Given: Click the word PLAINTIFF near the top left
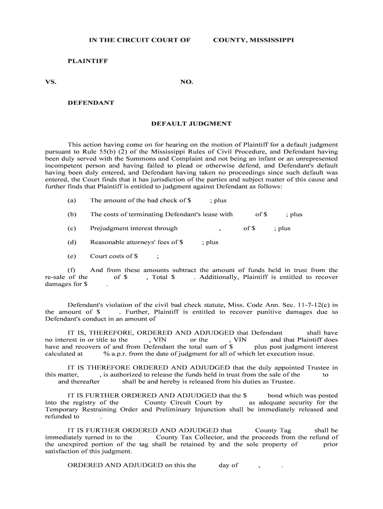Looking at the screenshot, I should pos(88,61).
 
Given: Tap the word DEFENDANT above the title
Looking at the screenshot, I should pos(91,103).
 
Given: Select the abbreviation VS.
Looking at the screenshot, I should pos(50,82).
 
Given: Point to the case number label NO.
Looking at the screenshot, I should pos(187,82).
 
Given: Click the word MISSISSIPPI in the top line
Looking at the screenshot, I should pos(269,40).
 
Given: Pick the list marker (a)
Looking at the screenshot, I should pos(72,200).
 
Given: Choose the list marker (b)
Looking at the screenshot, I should pos(72,214).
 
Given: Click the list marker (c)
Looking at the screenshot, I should pos(72,228).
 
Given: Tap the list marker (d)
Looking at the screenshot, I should pos(72,242).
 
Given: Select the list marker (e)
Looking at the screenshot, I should pos(72,256).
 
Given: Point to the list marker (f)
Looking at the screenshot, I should pos(72,270).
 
